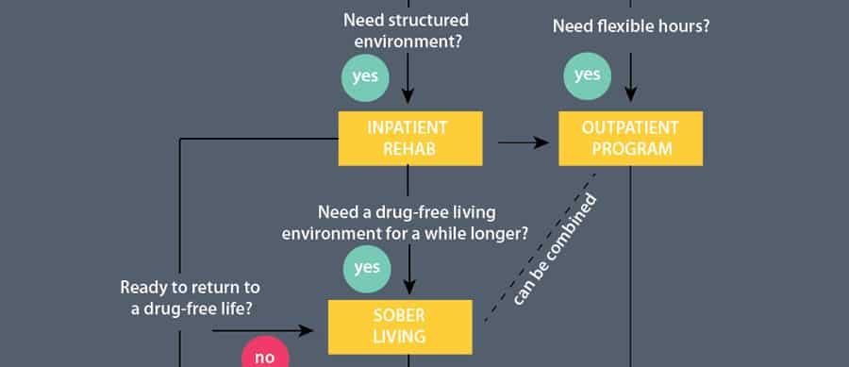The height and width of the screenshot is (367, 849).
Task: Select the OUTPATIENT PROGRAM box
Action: (x=629, y=138)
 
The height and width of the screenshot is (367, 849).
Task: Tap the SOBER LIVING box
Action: (x=399, y=326)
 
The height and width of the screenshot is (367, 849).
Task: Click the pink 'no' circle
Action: (x=266, y=355)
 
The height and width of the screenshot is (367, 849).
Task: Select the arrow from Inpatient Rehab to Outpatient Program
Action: (x=523, y=142)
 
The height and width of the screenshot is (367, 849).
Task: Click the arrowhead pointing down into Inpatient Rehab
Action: (x=408, y=95)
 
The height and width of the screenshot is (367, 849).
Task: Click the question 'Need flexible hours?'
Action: (x=630, y=26)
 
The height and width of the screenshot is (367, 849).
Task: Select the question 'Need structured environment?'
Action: (x=407, y=30)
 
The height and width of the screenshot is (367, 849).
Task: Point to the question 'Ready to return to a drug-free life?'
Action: (x=190, y=296)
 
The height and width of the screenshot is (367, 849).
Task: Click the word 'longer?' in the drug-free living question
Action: (x=498, y=230)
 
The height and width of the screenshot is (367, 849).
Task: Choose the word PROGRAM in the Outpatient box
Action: (x=629, y=148)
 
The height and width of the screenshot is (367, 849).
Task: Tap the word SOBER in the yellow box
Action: (x=399, y=316)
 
